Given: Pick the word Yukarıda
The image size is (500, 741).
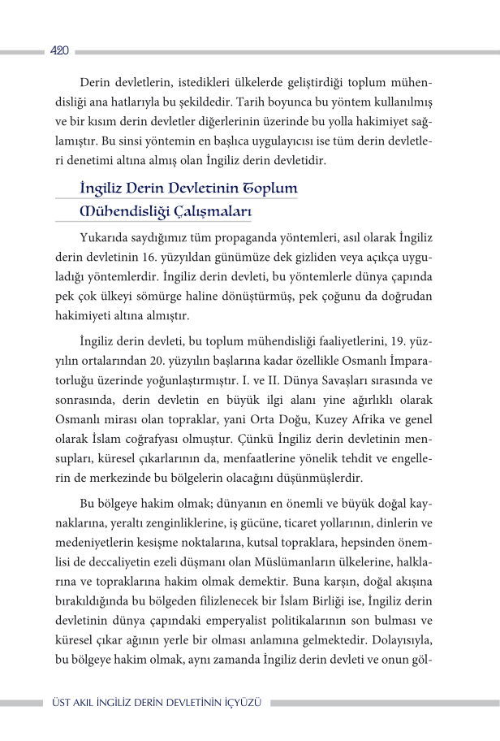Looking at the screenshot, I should coord(108,239).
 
